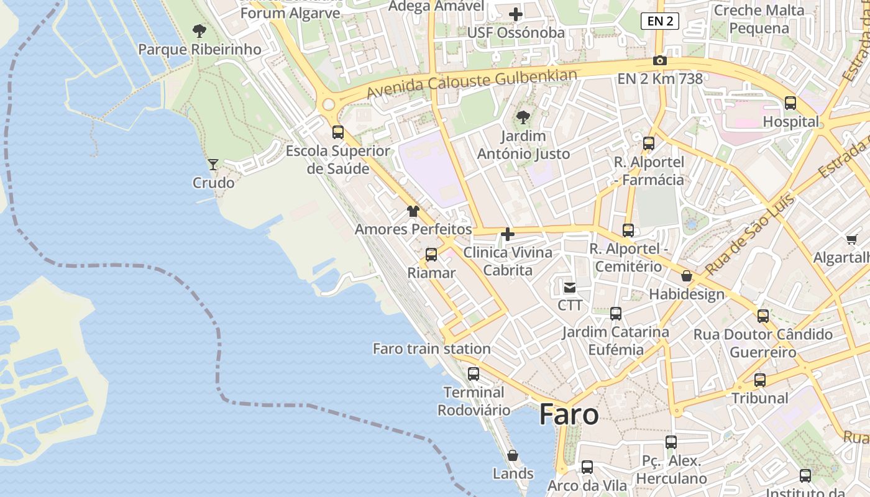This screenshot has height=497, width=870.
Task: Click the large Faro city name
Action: click(569, 414)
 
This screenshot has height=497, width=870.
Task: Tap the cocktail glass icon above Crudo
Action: click(213, 165)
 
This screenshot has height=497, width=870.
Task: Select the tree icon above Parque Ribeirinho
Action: click(199, 30)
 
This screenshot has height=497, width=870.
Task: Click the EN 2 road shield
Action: click(659, 21)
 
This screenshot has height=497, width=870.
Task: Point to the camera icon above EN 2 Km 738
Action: click(659, 61)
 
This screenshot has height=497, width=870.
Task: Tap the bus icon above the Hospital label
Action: click(790, 103)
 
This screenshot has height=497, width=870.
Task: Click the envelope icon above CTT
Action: click(570, 287)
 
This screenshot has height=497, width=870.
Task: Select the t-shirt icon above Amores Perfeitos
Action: click(413, 211)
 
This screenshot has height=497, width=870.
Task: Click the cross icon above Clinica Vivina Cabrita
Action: click(508, 234)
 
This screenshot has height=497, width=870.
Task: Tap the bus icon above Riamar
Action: click(431, 255)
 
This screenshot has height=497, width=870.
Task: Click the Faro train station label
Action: click(431, 349)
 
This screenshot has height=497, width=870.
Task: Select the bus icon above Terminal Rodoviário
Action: click(474, 374)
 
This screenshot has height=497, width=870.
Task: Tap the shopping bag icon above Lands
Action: click(513, 455)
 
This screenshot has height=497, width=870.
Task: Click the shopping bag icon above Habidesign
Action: click(687, 276)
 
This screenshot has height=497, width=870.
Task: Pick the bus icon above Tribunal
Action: click(759, 380)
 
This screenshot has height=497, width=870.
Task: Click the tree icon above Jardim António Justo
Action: click(523, 117)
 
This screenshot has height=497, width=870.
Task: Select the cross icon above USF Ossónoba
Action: click(515, 14)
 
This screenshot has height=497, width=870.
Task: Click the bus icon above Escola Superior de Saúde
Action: click(338, 132)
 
